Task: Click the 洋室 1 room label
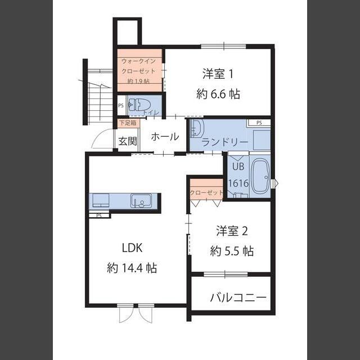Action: [x=218, y=74]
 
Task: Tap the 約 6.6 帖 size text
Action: [x=218, y=94]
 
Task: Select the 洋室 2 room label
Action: [x=232, y=231]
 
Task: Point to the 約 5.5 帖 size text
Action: [x=232, y=251]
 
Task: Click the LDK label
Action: [x=132, y=248]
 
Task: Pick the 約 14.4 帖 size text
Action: [x=132, y=268]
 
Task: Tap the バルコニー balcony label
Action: [x=238, y=298]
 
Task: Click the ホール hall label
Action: [x=165, y=137]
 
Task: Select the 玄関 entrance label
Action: [x=128, y=141]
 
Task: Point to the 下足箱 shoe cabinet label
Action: [x=128, y=123]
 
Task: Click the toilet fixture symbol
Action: [x=137, y=105]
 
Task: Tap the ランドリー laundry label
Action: [x=224, y=142]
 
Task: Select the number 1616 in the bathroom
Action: [x=238, y=183]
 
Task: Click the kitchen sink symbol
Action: [x=141, y=201]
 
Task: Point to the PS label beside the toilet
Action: [x=121, y=106]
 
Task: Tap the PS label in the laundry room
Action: [x=259, y=123]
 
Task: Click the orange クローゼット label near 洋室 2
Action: [x=206, y=192]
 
